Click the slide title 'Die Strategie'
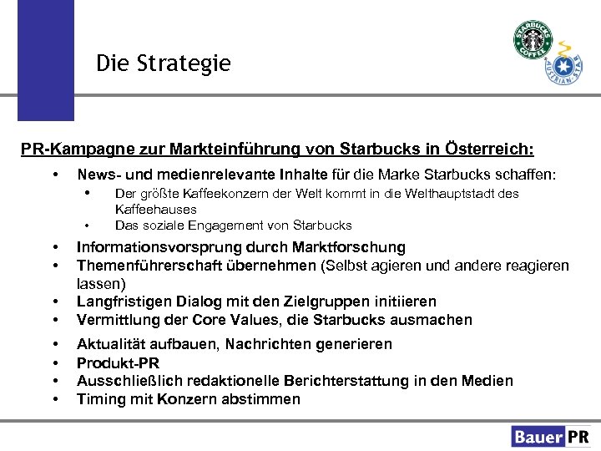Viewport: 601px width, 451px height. pos(163,63)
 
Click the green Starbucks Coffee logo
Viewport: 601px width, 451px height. pos(533,40)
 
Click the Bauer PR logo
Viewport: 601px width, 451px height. pos(551,436)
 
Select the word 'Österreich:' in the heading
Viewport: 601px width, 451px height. pos(492,149)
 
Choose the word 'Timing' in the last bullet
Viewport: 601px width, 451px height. pos(99,399)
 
